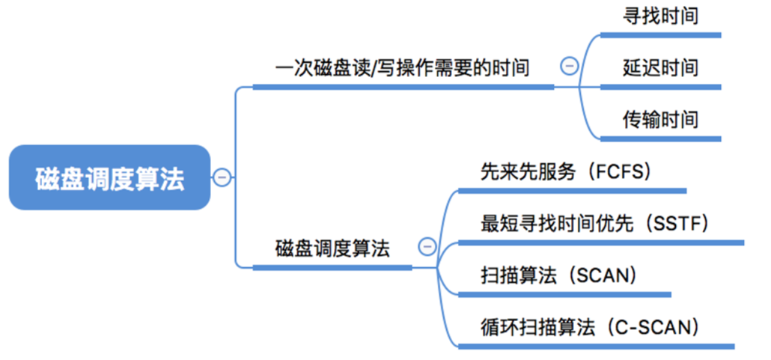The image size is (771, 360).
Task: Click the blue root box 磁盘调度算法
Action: [x=109, y=177]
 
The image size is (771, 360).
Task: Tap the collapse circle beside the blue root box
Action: [x=222, y=177]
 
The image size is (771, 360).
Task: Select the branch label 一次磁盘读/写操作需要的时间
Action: [x=402, y=68]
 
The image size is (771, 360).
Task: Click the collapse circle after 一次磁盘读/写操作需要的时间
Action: [x=569, y=67]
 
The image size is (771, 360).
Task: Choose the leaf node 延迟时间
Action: [x=660, y=68]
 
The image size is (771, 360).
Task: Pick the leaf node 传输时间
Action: [x=660, y=119]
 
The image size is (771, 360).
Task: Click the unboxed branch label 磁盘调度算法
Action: [x=332, y=248]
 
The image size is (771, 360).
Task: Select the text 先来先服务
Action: [x=528, y=171]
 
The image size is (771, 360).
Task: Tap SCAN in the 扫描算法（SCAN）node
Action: [x=602, y=275]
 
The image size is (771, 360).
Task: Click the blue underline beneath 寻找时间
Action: [x=660, y=34]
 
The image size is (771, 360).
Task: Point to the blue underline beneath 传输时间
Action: [x=660, y=138]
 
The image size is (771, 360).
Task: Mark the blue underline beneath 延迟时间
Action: [x=660, y=87]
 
